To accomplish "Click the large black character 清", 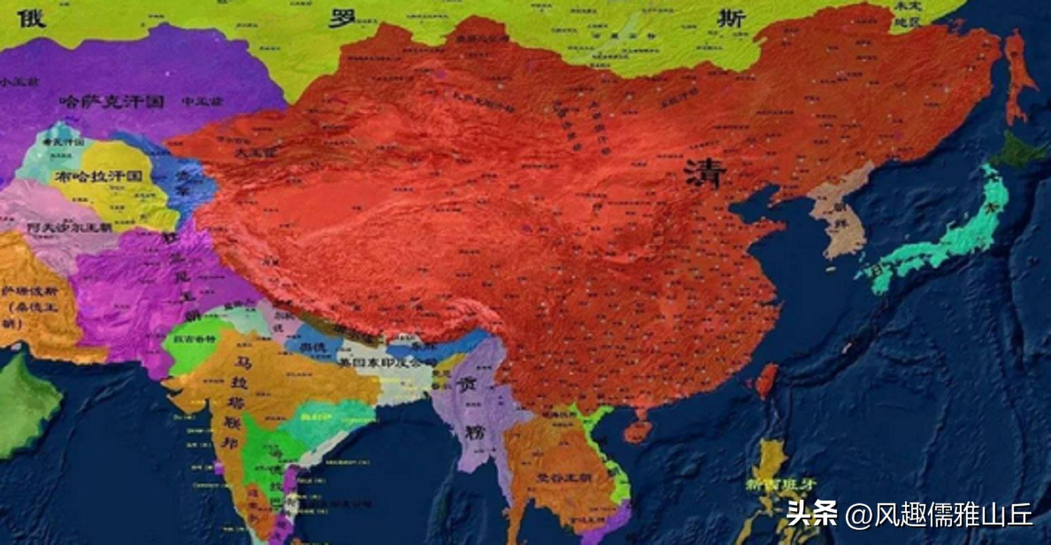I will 706,174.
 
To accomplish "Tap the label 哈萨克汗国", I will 112,102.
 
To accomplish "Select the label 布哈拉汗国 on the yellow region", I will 99,176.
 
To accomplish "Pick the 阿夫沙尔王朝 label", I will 69,228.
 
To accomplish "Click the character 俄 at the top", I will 31,18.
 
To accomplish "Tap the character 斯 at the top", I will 732,19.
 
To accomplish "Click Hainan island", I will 638,430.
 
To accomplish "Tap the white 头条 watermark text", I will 812,514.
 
